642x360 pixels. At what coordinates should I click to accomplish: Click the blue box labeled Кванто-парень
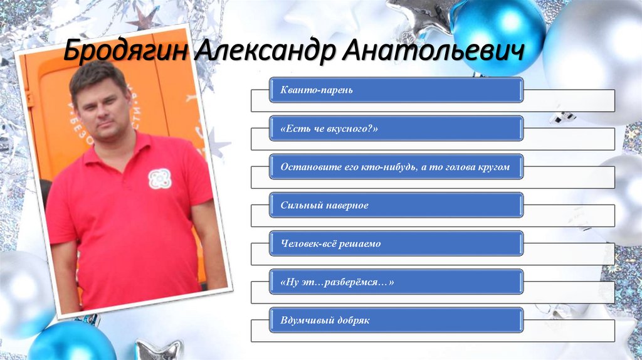point(396,90)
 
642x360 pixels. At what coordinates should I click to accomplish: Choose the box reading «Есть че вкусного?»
point(396,129)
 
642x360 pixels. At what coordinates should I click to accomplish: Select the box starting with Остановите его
point(396,167)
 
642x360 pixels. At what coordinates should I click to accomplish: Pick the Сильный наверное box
point(396,205)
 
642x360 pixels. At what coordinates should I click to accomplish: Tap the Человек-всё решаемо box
point(396,243)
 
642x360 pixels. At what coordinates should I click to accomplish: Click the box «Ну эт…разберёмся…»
point(396,282)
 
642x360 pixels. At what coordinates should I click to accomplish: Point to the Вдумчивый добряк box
point(396,320)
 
